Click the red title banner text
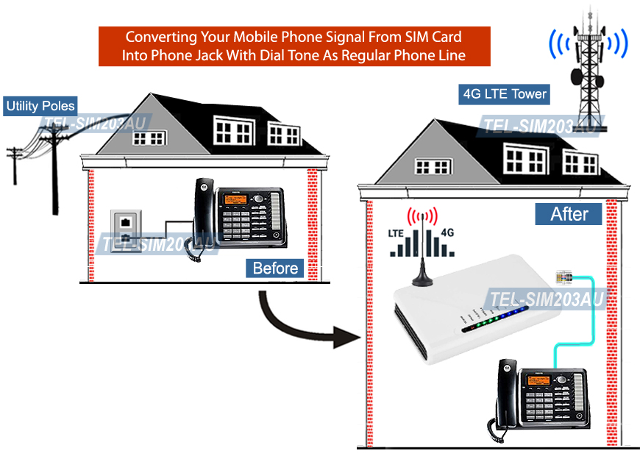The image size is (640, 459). click(294, 46)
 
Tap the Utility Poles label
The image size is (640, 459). click(40, 106)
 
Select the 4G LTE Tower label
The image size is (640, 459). click(504, 94)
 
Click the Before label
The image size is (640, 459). click(275, 268)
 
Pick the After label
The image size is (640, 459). click(569, 214)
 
